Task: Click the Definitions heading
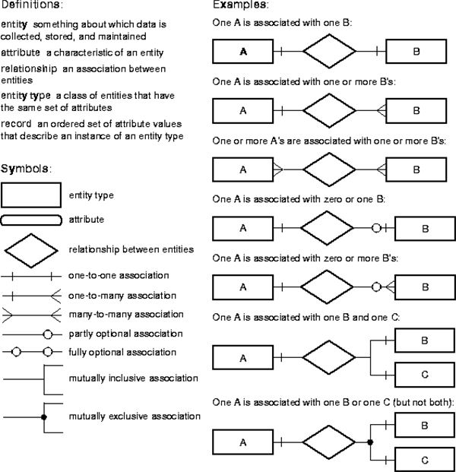pyautogui.click(x=32, y=5)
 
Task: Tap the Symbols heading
pyautogui.click(x=26, y=169)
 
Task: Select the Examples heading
pyautogui.click(x=240, y=5)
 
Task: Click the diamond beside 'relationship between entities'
pyautogui.click(x=31, y=234)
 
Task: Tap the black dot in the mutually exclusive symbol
pyautogui.click(x=44, y=417)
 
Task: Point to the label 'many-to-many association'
pyautogui.click(x=126, y=315)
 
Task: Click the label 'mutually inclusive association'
pyautogui.click(x=133, y=378)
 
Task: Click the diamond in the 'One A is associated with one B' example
pyautogui.click(x=329, y=34)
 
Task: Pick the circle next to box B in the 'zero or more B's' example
pyautogui.click(x=376, y=287)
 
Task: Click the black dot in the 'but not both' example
pyautogui.click(x=370, y=442)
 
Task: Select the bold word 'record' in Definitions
pyautogui.click(x=16, y=124)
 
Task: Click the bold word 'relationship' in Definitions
pyautogui.click(x=29, y=69)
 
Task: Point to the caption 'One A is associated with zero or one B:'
pyautogui.click(x=299, y=199)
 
